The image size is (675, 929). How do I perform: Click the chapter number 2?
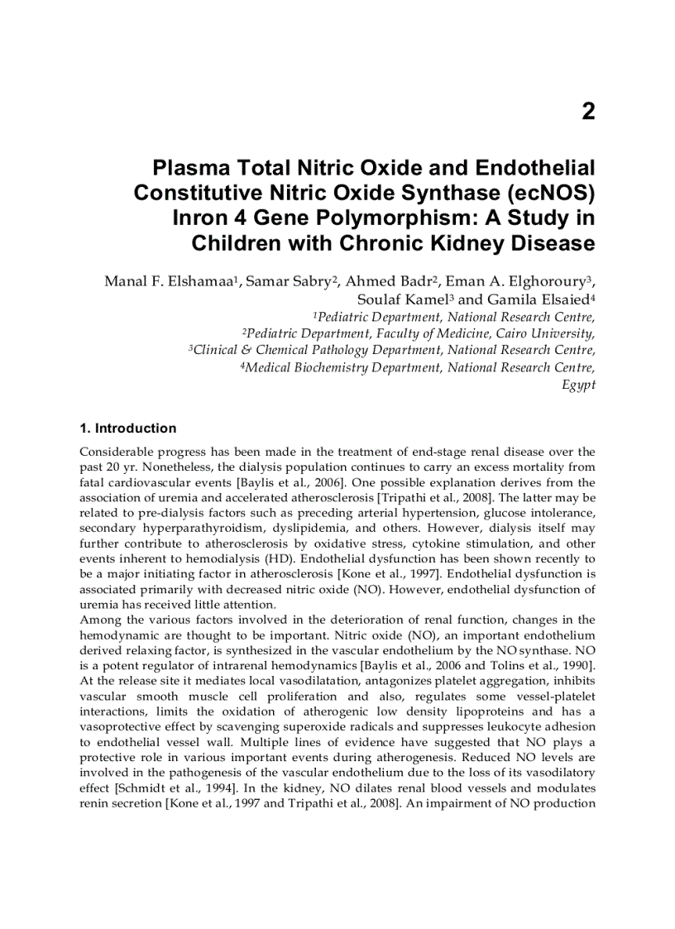coord(588,112)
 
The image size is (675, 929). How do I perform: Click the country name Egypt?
coord(578,385)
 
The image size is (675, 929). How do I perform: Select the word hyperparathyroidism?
coord(200,528)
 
